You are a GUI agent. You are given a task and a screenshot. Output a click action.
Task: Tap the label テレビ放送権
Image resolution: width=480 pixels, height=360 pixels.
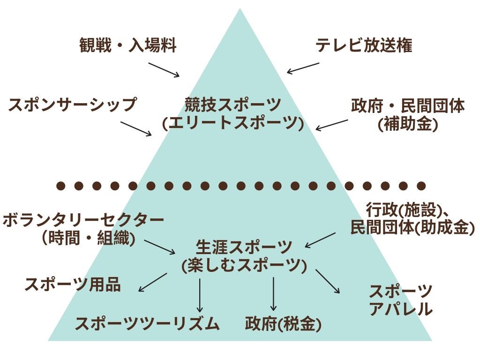pos(364,46)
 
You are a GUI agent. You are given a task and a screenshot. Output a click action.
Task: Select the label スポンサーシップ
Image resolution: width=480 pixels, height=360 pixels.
pos(72,104)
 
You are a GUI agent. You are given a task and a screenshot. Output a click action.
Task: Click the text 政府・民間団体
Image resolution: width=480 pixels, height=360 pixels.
pos(408,106)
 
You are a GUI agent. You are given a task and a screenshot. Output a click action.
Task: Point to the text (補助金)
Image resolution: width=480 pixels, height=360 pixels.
pos(408,124)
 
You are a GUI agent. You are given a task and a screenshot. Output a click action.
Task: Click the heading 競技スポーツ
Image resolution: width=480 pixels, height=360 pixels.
pos(233,104)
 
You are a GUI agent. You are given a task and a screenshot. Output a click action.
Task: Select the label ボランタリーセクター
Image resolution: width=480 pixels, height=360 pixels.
pos(83,220)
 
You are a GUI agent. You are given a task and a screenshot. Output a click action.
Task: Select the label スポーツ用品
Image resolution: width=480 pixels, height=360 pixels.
pos(73,284)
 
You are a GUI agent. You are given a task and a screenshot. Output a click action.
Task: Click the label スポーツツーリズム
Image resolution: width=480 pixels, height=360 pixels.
pos(147,323)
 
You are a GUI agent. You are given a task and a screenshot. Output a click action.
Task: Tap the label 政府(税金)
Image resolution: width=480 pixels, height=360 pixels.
pos(283,324)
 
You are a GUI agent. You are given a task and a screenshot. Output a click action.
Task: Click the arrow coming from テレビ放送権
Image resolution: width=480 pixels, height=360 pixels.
pos(303,68)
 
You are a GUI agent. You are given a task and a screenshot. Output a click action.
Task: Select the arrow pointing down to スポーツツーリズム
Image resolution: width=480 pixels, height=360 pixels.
pos(200,295)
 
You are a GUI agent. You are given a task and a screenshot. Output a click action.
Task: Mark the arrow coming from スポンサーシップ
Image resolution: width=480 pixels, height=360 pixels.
pos(136,128)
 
